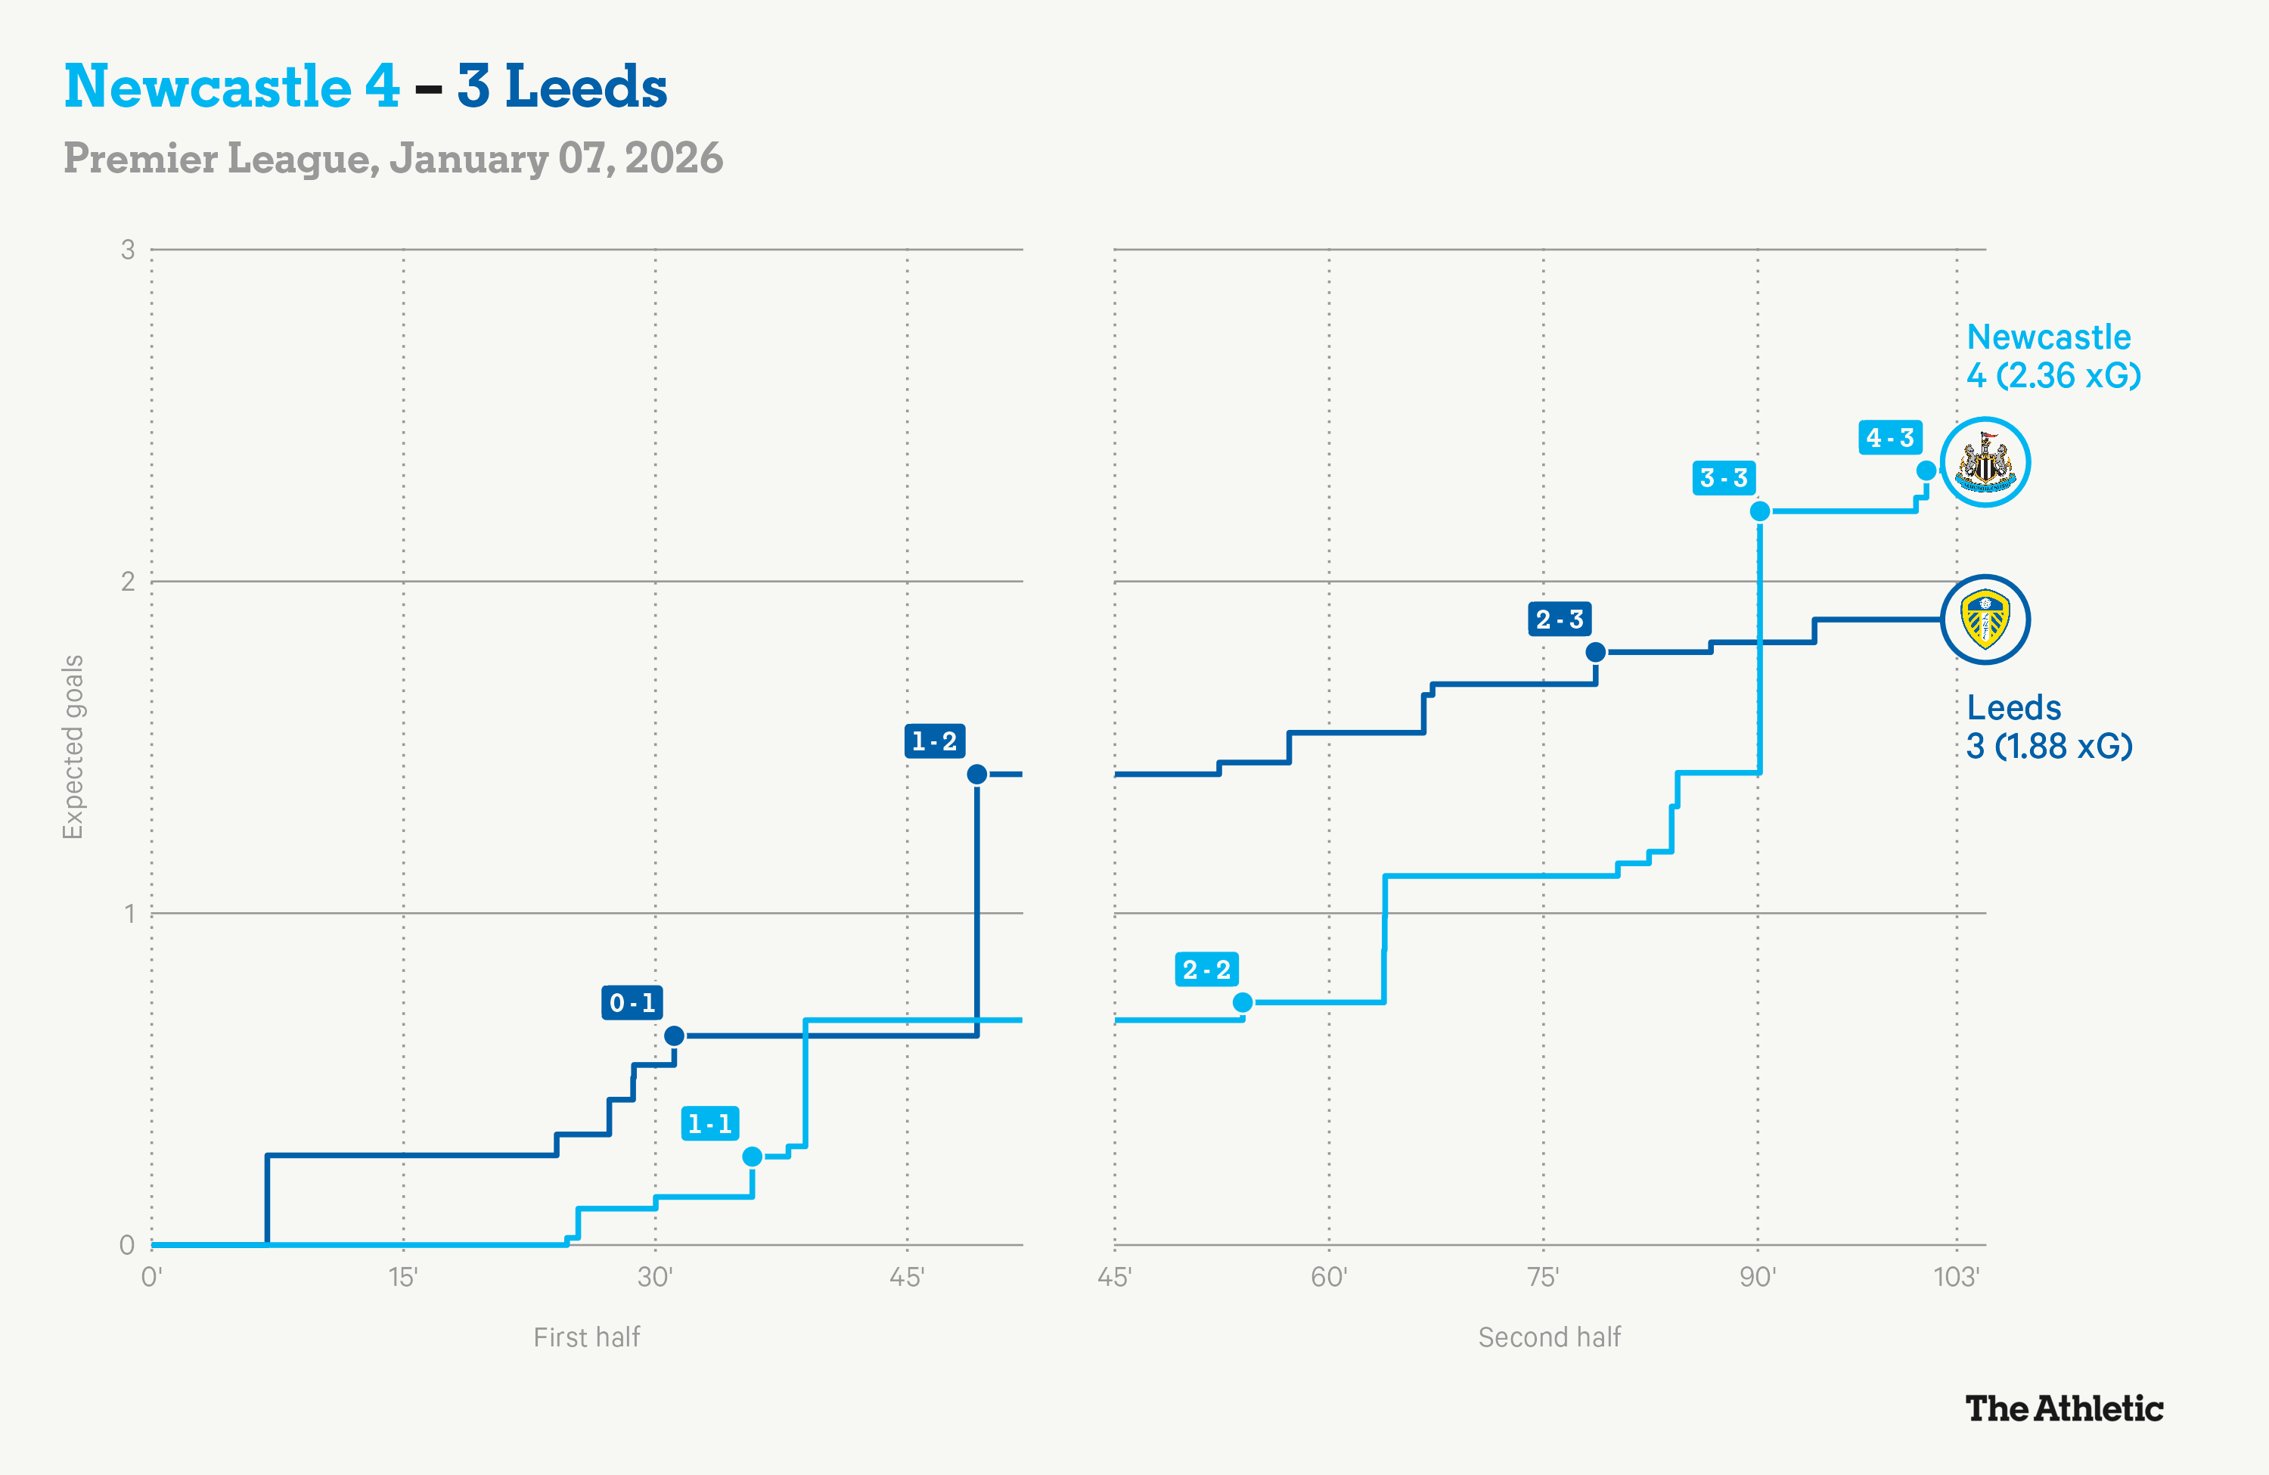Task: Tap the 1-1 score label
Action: coord(710,1123)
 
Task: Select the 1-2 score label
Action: coord(934,741)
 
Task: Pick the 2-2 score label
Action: coord(1206,970)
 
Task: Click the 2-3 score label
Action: coord(1559,619)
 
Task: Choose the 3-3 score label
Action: coord(1724,478)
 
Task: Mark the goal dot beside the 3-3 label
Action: coord(1760,511)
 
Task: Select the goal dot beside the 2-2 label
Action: coord(1242,1002)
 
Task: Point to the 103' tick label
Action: coord(1957,1277)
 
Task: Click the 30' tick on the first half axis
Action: coord(655,1277)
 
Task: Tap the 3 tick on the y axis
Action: coord(128,250)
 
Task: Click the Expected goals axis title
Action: coord(73,747)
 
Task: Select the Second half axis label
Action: coord(1549,1337)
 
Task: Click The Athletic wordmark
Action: coord(2064,1408)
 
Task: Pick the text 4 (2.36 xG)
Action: coord(2053,376)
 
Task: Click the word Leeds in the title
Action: coord(585,87)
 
